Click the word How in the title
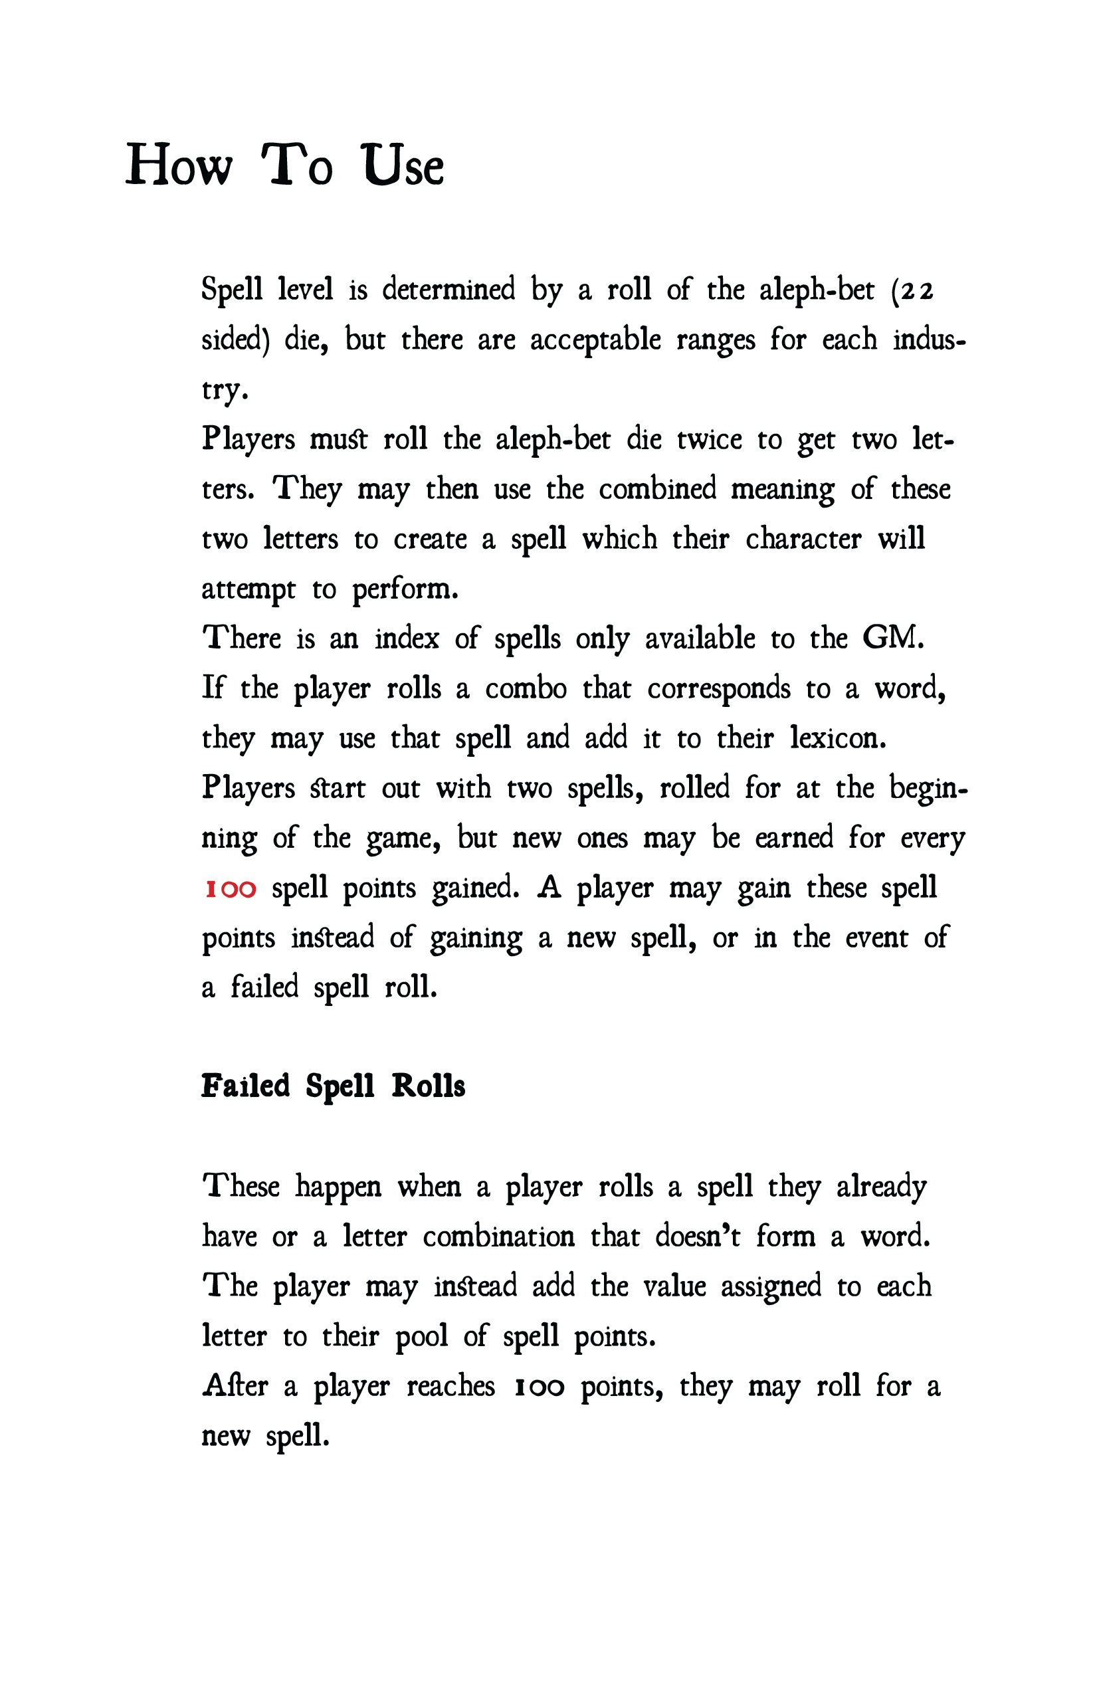pyautogui.click(x=178, y=165)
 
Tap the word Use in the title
pyautogui.click(x=403, y=165)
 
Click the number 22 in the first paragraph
pyautogui.click(x=917, y=291)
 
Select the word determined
pyautogui.click(x=448, y=289)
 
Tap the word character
pyautogui.click(x=803, y=539)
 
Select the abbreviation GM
pyautogui.click(x=892, y=638)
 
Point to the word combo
pyautogui.click(x=526, y=688)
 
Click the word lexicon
pyautogui.click(x=838, y=739)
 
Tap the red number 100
pyautogui.click(x=230, y=890)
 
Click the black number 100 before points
pyautogui.click(x=540, y=1387)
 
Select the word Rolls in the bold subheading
pyautogui.click(x=428, y=1087)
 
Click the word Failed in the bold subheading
pyautogui.click(x=246, y=1087)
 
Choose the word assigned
pyautogui.click(x=771, y=1288)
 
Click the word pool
pyautogui.click(x=421, y=1338)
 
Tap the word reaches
pyautogui.click(x=450, y=1387)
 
